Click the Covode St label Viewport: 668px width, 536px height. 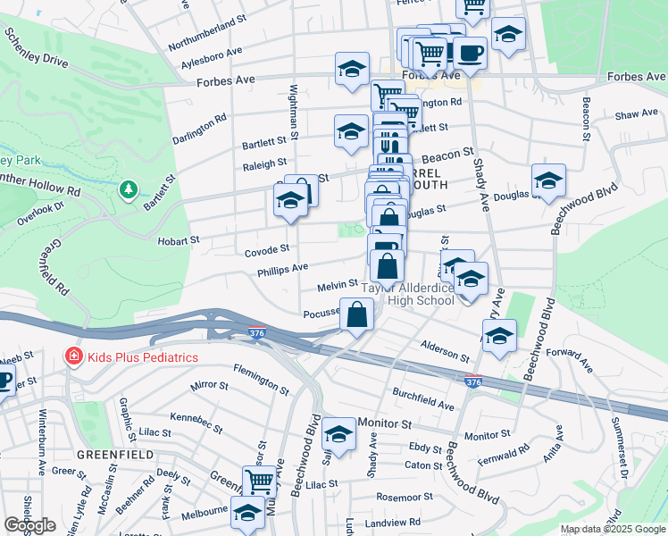tap(267, 250)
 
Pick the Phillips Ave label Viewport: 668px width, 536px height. tap(282, 268)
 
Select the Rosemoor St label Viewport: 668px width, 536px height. tap(405, 496)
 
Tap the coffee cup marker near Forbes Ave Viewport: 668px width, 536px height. tap(470, 53)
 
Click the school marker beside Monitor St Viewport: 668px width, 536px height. tap(338, 434)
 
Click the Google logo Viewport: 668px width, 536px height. tap(29, 525)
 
